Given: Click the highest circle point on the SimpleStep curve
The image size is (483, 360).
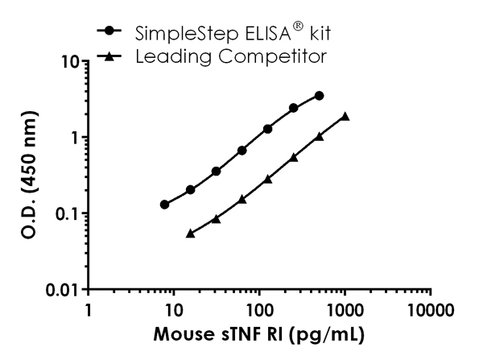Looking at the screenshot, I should [x=320, y=95].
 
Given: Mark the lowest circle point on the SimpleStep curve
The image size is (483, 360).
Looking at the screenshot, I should [x=165, y=205].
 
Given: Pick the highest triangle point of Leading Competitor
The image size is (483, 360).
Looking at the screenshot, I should [x=345, y=116].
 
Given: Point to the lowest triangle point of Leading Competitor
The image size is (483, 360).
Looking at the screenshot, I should [x=191, y=234].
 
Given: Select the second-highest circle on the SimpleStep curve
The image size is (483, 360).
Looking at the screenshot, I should [x=294, y=108].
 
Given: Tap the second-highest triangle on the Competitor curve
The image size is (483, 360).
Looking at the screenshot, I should [x=320, y=136].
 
